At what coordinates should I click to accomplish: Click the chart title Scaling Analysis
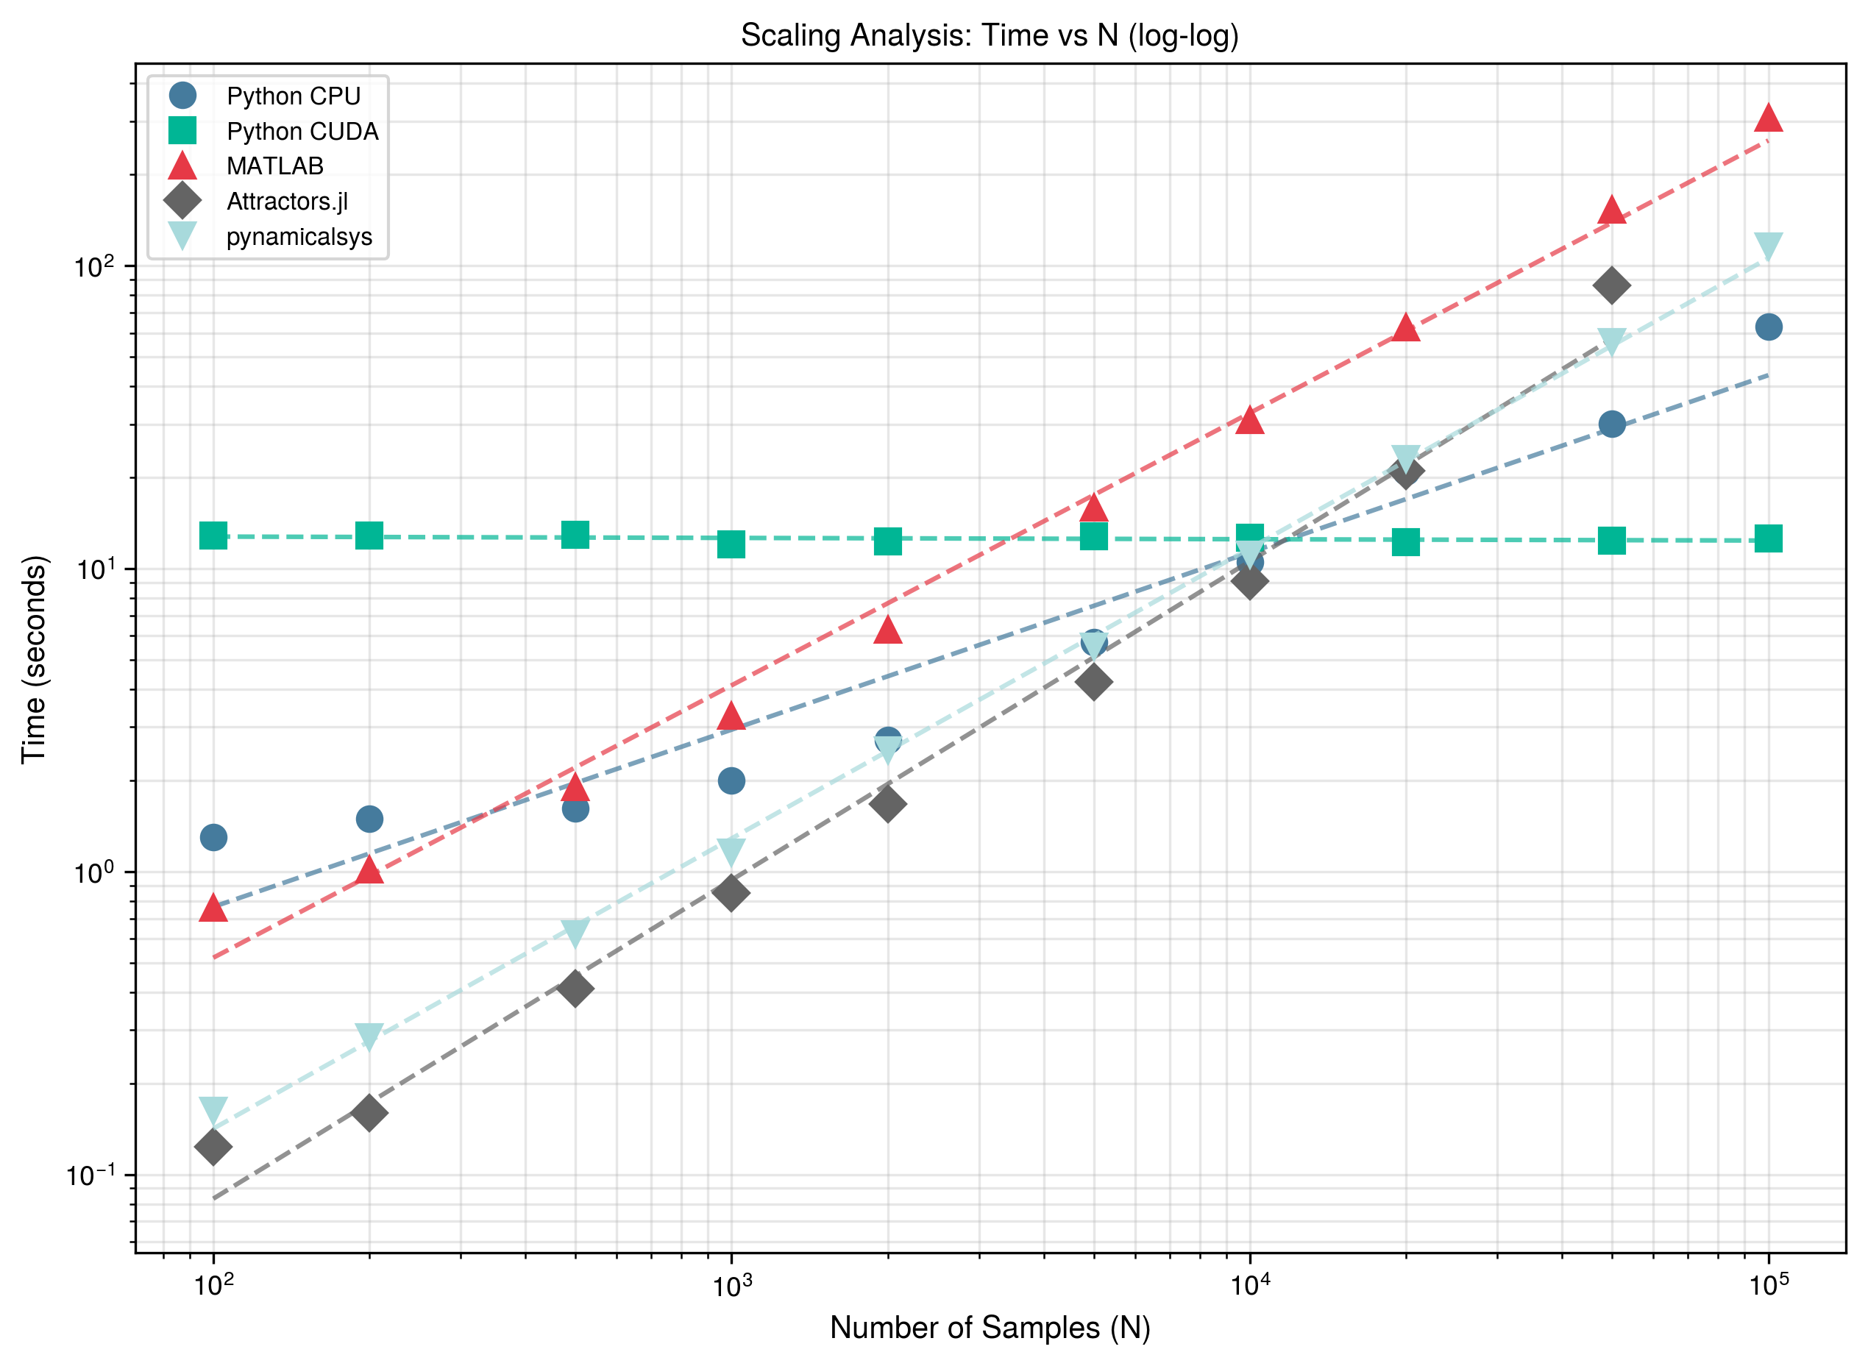[x=989, y=35]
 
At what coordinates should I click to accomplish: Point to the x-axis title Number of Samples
[x=990, y=1327]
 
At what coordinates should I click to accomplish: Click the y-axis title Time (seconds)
[x=34, y=659]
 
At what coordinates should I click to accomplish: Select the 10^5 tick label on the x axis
[x=1768, y=1285]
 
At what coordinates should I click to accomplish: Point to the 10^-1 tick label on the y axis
[x=93, y=1175]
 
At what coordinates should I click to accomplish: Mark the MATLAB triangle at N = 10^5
[x=1768, y=118]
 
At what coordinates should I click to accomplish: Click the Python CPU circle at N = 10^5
[x=1768, y=327]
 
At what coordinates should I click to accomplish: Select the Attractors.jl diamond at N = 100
[x=213, y=1146]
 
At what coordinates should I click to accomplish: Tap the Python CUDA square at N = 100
[x=213, y=536]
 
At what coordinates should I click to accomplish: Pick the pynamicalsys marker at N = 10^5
[x=1768, y=246]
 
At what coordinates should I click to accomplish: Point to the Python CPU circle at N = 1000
[x=731, y=780]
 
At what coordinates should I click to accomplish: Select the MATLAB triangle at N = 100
[x=213, y=908]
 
